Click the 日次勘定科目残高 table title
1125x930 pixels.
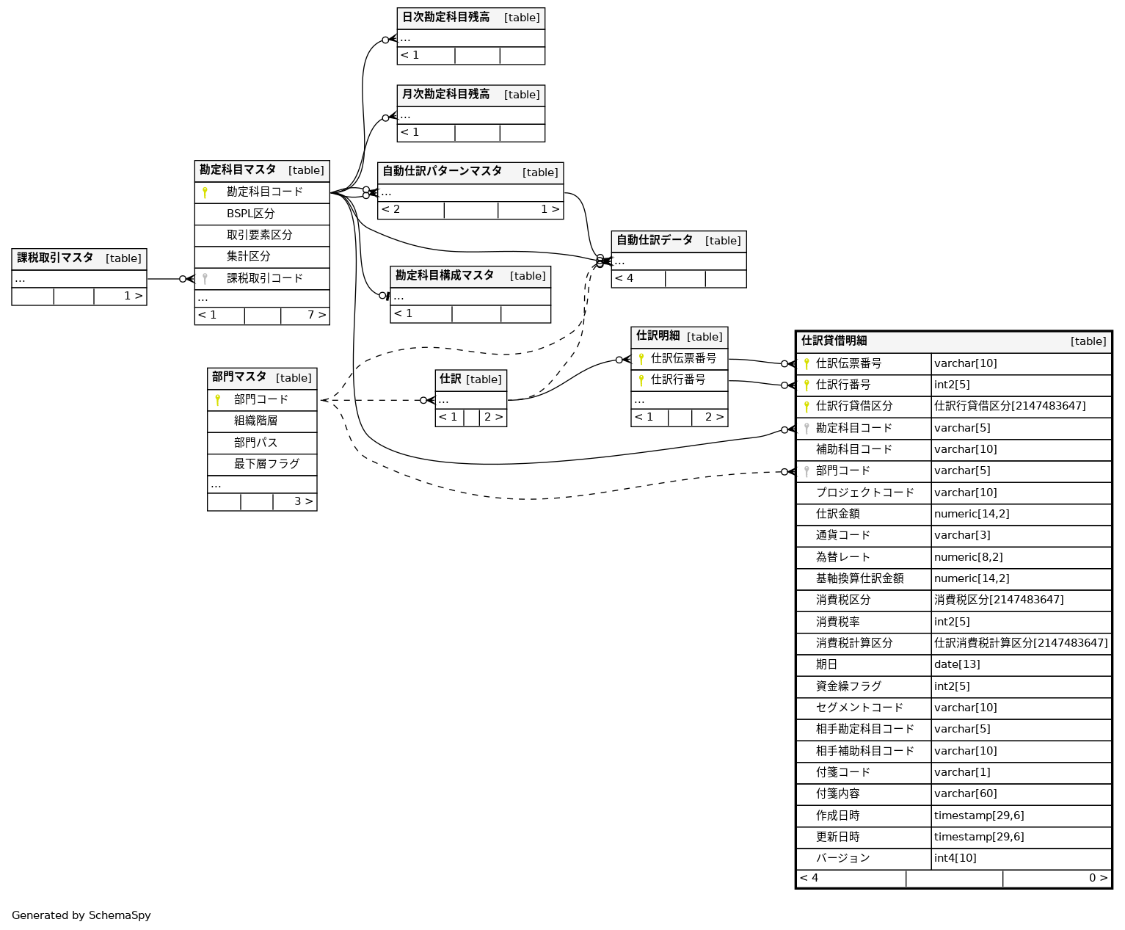pyautogui.click(x=445, y=18)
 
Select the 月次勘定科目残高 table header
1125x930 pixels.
pyautogui.click(x=445, y=95)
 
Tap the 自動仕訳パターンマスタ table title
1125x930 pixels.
pyautogui.click(x=442, y=172)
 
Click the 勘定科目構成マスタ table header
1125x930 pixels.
pyautogui.click(x=444, y=276)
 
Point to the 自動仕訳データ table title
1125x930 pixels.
pyautogui.click(x=654, y=241)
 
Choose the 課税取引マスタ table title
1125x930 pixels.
pyautogui.click(x=55, y=258)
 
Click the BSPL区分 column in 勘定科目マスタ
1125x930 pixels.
pyautogui.click(x=250, y=214)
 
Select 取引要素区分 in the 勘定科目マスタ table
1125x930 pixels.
pyautogui.click(x=259, y=235)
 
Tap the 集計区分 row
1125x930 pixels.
pyautogui.click(x=248, y=256)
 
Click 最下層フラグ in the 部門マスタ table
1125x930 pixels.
pyautogui.click(x=266, y=464)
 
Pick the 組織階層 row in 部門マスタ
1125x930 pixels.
pyautogui.click(x=255, y=421)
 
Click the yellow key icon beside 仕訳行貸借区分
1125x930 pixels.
pyautogui.click(x=807, y=406)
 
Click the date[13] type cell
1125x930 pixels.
pyautogui.click(x=957, y=664)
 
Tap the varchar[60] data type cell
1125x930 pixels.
pyautogui.click(x=965, y=793)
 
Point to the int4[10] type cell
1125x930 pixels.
pyautogui.click(x=955, y=858)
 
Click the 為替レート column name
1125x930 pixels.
pyautogui.click(x=842, y=557)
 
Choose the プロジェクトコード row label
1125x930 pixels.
pyautogui.click(x=864, y=493)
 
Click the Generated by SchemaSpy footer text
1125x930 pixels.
pyautogui.click(x=81, y=915)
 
